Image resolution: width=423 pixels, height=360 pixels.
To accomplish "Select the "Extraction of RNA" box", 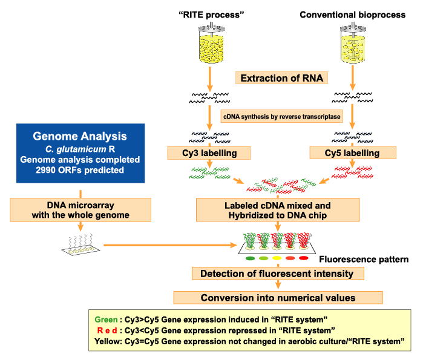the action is (281, 78).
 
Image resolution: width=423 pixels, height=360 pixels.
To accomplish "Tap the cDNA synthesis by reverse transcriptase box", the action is (281, 117).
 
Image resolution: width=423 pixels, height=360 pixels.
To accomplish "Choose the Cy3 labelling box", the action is (209, 153).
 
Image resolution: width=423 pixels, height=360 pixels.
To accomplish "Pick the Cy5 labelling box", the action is (353, 153).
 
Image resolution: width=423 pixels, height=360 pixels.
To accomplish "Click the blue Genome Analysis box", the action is (80, 153).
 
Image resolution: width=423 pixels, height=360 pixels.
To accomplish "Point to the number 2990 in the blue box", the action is (45, 170).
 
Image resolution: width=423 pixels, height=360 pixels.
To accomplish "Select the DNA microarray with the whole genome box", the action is (80, 210).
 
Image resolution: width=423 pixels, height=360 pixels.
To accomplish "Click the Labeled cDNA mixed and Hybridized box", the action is (278, 210).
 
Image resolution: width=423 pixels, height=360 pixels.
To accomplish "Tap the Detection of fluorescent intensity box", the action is (278, 273).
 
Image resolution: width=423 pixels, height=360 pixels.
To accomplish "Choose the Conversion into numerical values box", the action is (278, 298).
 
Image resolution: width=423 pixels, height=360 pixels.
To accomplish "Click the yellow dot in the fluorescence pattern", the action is (277, 258).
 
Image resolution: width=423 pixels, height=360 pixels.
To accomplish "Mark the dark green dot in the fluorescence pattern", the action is (250, 258).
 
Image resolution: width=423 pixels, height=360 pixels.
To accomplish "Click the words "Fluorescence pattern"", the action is (364, 260).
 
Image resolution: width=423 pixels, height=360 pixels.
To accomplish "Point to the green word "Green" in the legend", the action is (106, 320).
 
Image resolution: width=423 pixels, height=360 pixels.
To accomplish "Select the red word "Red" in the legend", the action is (107, 330).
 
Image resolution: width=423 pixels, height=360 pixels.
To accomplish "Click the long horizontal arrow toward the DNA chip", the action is (170, 245).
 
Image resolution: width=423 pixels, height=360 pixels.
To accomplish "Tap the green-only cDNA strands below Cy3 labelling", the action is (209, 173).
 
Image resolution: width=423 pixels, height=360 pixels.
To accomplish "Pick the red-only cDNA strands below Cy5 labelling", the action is (352, 172).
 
